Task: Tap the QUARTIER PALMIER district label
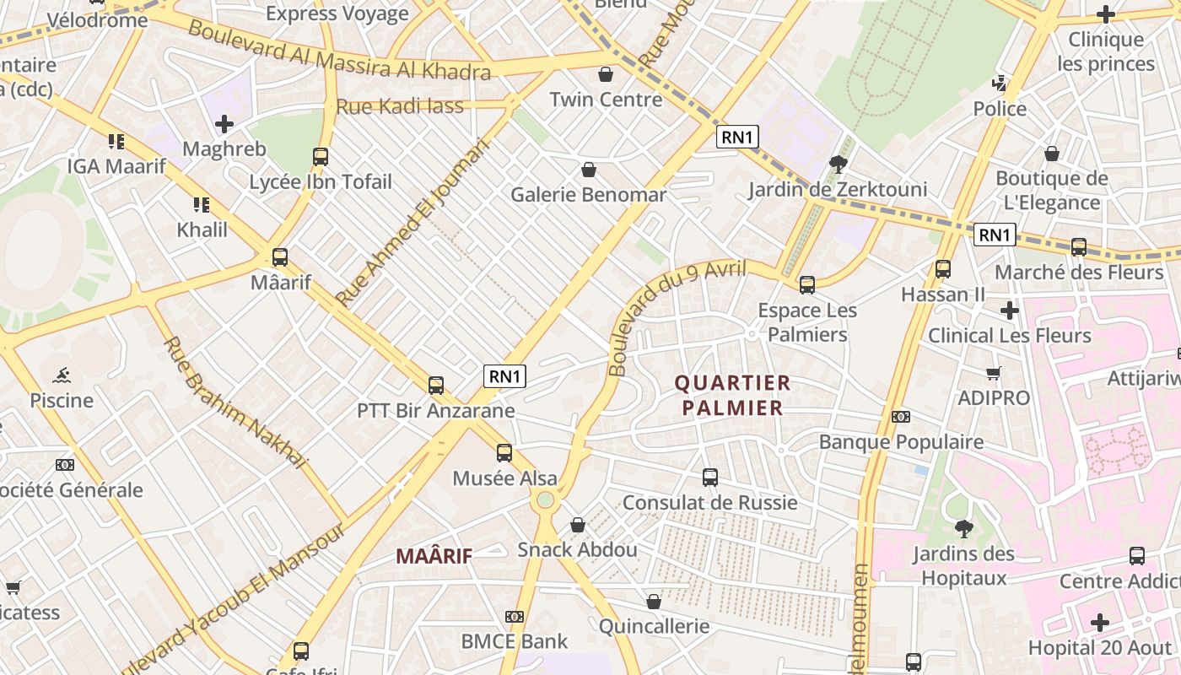pos(732,396)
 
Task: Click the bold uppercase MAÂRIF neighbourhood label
pos(434,556)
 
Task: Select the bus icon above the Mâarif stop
pos(280,257)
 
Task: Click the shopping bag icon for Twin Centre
pos(605,74)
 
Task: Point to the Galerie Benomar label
pos(588,195)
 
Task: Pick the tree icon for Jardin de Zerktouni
pos(838,164)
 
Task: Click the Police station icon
pos(1000,83)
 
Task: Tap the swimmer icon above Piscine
pos(61,375)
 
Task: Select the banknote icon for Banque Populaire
pos(901,417)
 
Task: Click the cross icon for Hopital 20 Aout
pos(1100,623)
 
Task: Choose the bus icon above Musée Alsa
pos(504,453)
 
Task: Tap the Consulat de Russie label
pos(709,503)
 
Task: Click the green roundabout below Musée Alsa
pos(546,500)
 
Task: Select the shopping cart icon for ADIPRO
pos(994,373)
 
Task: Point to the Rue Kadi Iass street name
pos(400,106)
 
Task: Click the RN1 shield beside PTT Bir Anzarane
pos(504,376)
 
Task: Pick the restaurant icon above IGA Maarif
pos(116,141)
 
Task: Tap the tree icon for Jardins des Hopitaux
pos(963,529)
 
